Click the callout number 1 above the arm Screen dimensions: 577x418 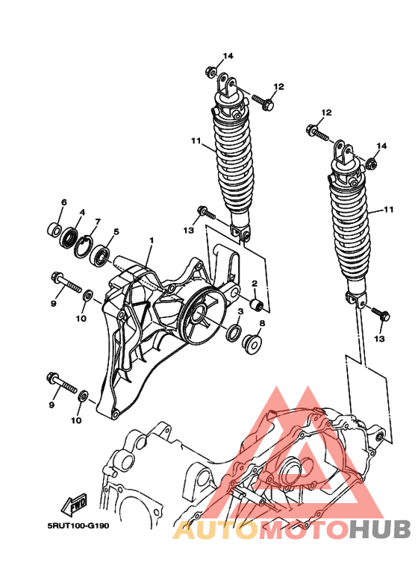(x=151, y=241)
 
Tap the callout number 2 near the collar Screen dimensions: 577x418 (x=254, y=284)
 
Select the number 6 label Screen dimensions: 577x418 (x=63, y=202)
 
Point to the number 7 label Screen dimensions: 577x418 (x=97, y=222)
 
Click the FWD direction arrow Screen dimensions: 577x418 (x=76, y=507)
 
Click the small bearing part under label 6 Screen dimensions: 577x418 (x=54, y=228)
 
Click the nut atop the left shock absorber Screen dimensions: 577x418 (x=211, y=73)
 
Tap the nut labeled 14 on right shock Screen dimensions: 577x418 (x=371, y=163)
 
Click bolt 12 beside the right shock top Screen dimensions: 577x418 (x=316, y=134)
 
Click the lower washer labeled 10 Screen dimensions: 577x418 (x=82, y=393)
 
